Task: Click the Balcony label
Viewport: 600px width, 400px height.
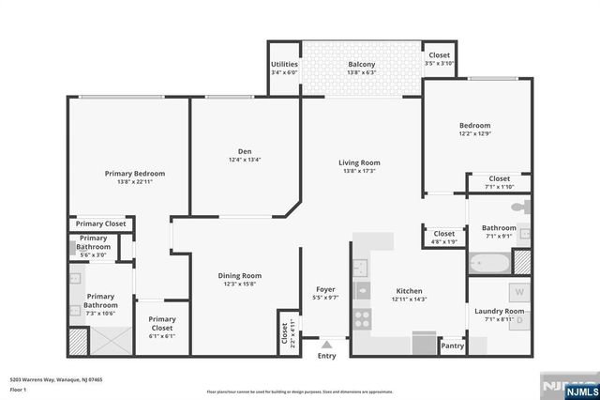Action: tap(361, 65)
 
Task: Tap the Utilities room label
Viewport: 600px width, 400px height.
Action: tap(284, 65)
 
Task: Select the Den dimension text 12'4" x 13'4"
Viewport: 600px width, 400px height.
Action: tap(244, 160)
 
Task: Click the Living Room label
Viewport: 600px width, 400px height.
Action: tap(359, 162)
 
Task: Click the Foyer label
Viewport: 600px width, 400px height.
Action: tap(326, 289)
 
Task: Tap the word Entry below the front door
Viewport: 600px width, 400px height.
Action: tap(326, 356)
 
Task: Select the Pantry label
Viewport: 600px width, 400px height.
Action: tap(452, 346)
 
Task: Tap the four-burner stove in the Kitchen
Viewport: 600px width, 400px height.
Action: tap(362, 317)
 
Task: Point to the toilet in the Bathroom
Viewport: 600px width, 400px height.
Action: tap(526, 206)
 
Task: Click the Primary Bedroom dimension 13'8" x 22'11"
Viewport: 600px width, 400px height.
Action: tap(135, 182)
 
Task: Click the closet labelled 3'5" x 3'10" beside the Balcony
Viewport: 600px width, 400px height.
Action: tap(439, 59)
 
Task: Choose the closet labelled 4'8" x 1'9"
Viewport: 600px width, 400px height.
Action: tap(443, 238)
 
